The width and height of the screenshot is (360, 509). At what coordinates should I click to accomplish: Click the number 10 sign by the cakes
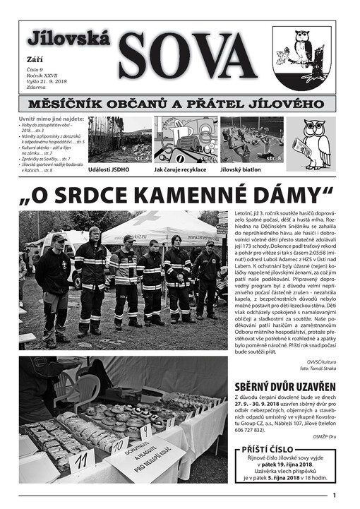[x=120, y=445]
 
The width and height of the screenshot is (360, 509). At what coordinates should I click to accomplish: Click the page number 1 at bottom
[x=334, y=495]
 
